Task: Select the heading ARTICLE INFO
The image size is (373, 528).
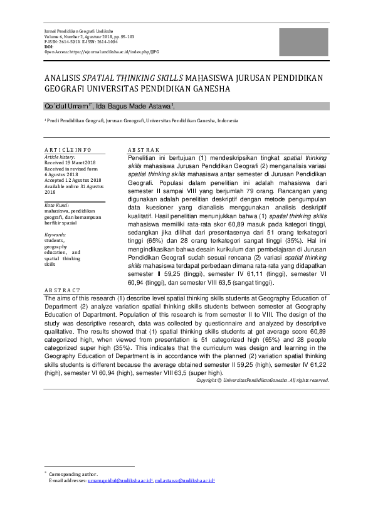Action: click(68, 150)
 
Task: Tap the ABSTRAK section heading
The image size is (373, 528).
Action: click(144, 150)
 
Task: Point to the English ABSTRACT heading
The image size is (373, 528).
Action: click(62, 291)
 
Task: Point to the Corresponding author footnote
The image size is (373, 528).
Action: click(72, 474)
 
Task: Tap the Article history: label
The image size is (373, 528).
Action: click(60, 156)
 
